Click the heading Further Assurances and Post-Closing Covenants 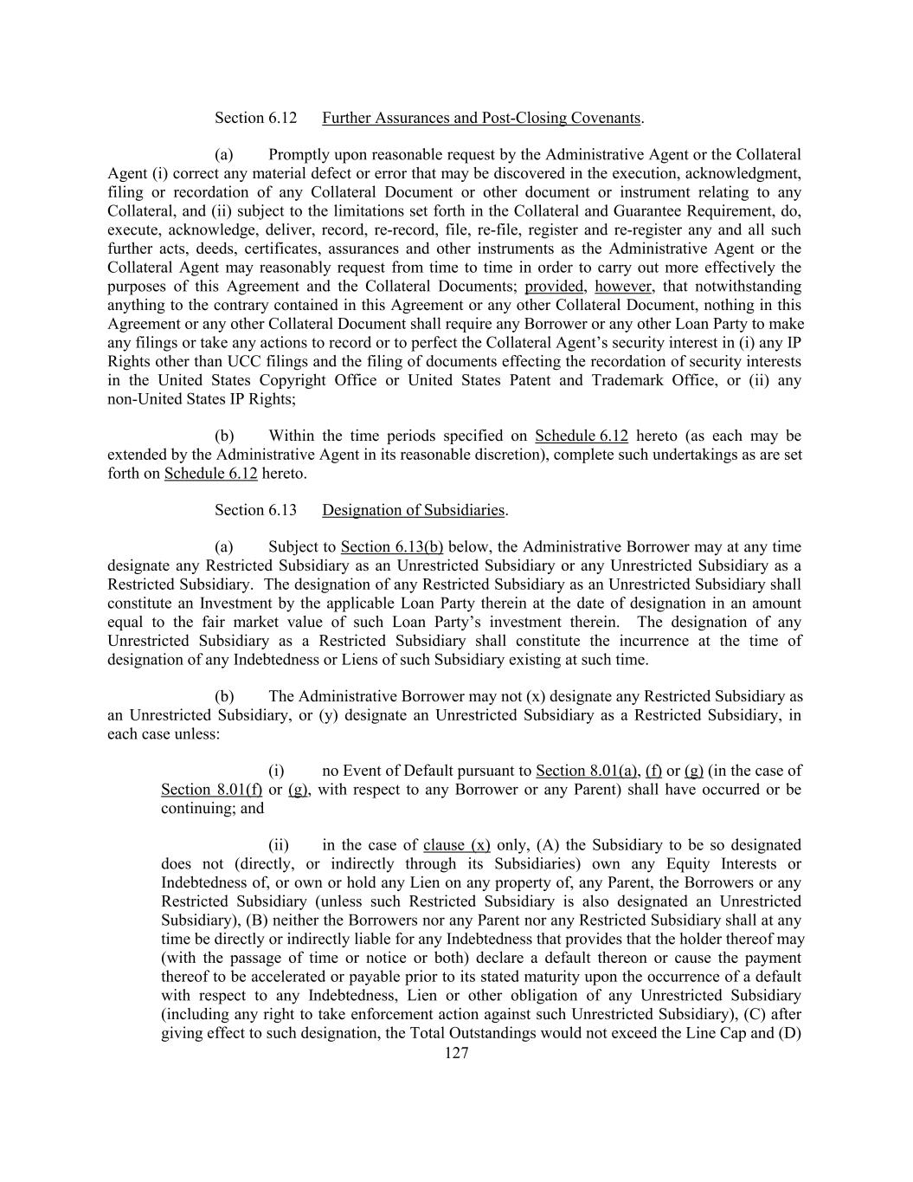[x=481, y=118]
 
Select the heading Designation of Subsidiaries [x=413, y=510]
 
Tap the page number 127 [x=456, y=1053]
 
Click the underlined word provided [x=554, y=287]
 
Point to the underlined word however [x=623, y=287]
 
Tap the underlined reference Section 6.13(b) [x=392, y=547]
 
